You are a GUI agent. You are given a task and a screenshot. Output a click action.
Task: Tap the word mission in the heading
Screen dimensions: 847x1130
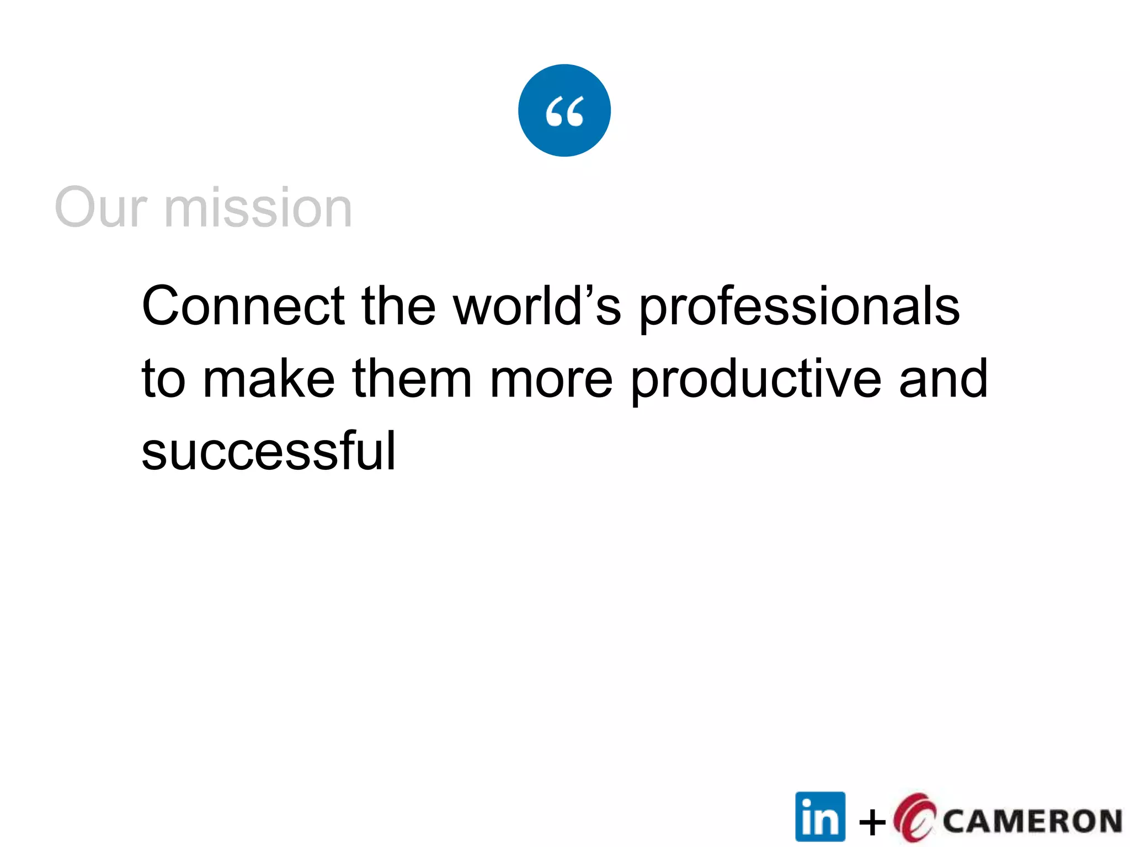coord(258,207)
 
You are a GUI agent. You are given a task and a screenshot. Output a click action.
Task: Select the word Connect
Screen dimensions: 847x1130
coord(243,306)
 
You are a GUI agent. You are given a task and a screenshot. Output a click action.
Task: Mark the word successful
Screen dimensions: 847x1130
coord(269,451)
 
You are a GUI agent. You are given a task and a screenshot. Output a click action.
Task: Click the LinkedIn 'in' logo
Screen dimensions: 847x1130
coord(820,817)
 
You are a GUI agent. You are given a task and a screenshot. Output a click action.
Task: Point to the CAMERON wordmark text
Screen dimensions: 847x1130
coord(1032,821)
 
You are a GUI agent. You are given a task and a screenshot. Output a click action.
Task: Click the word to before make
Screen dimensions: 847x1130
coord(163,379)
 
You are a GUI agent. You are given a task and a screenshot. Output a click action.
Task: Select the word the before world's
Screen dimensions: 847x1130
coord(398,306)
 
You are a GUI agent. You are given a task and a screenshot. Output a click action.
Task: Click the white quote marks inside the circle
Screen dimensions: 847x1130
coord(564,111)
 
